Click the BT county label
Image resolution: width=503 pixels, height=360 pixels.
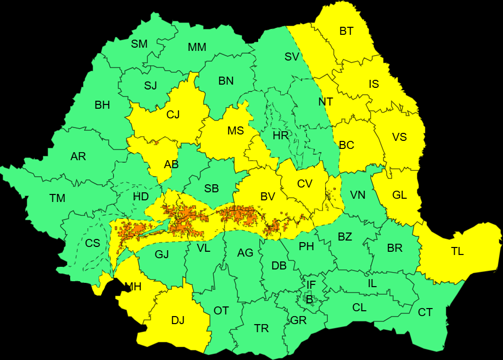tap(347, 31)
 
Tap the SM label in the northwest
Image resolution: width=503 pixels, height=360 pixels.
tap(139, 44)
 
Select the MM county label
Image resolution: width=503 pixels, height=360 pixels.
tap(197, 47)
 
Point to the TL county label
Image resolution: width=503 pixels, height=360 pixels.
tap(457, 251)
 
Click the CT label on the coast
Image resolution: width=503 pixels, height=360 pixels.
tap(425, 312)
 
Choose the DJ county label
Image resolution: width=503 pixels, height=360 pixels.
tap(178, 320)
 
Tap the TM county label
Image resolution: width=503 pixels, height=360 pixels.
tap(57, 198)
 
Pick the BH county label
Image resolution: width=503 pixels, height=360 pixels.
tap(102, 105)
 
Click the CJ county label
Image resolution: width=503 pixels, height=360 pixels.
tap(173, 114)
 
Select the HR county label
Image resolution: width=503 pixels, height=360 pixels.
tap(281, 136)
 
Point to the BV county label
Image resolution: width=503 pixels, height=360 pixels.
tap(267, 197)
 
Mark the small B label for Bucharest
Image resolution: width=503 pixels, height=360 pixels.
tap(309, 299)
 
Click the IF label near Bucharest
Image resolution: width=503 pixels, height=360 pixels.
tap(311, 284)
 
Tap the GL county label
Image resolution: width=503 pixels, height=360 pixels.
tap(400, 195)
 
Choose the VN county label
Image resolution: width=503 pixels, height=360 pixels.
tap(357, 195)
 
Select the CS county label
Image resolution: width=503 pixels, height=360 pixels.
tap(93, 243)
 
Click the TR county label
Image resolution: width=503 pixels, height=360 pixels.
tap(261, 328)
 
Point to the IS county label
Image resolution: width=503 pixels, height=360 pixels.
tap(374, 84)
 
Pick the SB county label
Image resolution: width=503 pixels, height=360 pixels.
tap(212, 189)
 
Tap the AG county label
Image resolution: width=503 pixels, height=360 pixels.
tap(245, 253)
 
